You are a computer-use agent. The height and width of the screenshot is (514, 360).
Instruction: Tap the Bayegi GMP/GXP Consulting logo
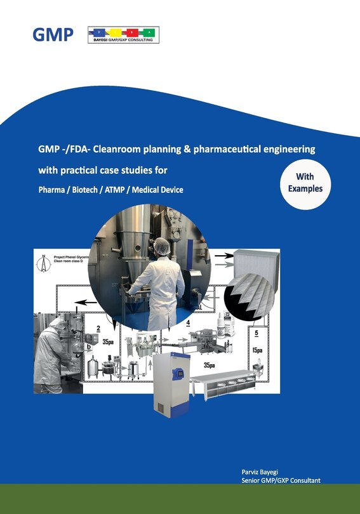click(123, 35)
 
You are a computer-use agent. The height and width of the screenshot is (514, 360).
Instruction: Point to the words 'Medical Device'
click(156, 190)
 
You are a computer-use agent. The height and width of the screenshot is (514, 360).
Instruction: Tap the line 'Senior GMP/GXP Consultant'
click(276, 481)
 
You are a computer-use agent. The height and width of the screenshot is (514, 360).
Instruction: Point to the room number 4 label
click(189, 324)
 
